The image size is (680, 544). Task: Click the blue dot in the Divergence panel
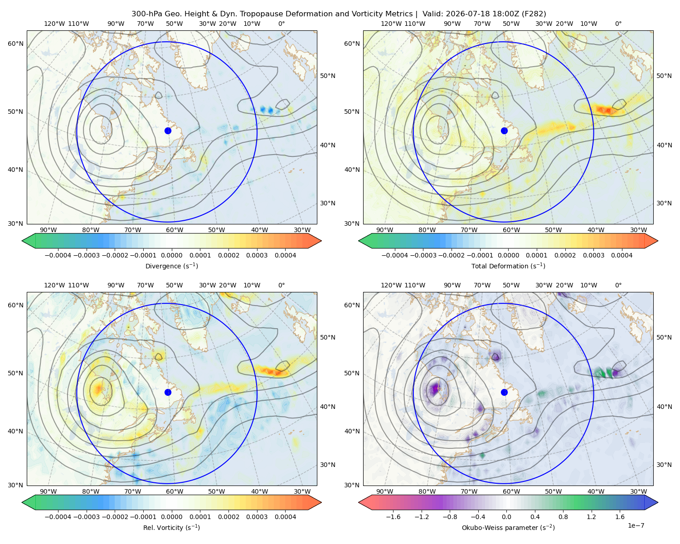[x=168, y=131]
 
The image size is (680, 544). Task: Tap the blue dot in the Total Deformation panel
[x=504, y=131]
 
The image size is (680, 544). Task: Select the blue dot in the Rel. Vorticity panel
[x=168, y=392]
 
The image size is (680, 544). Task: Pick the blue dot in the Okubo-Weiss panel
[x=504, y=392]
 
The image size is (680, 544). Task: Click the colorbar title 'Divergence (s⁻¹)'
[x=171, y=266]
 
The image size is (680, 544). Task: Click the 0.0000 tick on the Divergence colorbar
[x=171, y=255]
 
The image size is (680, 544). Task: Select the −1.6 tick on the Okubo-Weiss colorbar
[x=393, y=517]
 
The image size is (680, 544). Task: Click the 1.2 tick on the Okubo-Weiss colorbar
[x=591, y=517]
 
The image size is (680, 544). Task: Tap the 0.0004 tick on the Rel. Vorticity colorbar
[x=285, y=517]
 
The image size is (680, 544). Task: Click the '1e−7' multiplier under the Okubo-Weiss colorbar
[x=636, y=525]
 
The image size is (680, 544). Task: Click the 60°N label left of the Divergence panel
[x=15, y=44]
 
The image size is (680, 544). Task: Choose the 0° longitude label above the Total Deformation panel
[x=618, y=24]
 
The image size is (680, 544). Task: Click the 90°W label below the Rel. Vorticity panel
[x=49, y=491]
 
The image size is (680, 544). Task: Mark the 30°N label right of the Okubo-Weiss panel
[x=664, y=465]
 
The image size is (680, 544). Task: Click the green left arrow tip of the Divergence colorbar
[x=22, y=241]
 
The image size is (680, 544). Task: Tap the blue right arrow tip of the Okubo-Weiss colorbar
[x=658, y=502]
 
